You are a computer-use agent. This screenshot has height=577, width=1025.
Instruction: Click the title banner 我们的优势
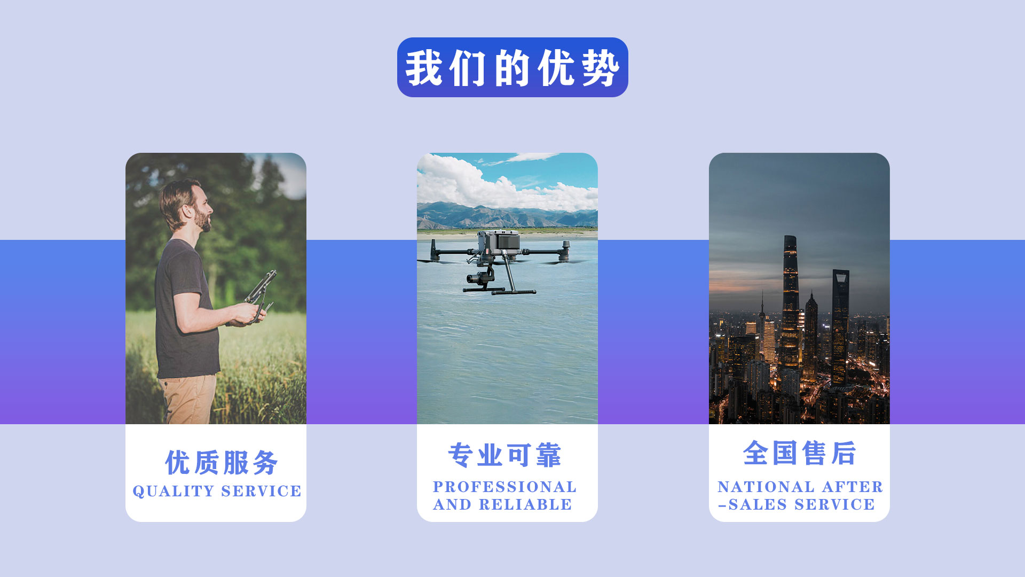512,67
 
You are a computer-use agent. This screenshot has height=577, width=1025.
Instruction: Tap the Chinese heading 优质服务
222,462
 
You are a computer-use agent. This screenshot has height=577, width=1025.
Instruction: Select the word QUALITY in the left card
174,491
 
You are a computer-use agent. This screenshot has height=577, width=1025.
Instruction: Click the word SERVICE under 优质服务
261,491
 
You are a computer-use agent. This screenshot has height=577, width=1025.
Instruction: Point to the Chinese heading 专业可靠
505,455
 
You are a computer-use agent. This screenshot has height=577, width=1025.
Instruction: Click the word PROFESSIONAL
504,487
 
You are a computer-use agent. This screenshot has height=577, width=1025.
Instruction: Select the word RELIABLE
525,504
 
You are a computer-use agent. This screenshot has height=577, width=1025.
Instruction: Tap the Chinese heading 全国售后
799,453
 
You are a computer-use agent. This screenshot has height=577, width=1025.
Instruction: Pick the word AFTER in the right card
853,487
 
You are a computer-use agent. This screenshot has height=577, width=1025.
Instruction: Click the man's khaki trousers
187,399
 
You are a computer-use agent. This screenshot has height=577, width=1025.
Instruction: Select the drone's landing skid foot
514,292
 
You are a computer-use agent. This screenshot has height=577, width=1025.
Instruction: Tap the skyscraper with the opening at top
840,326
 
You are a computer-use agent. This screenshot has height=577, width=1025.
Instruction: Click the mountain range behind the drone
507,216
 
